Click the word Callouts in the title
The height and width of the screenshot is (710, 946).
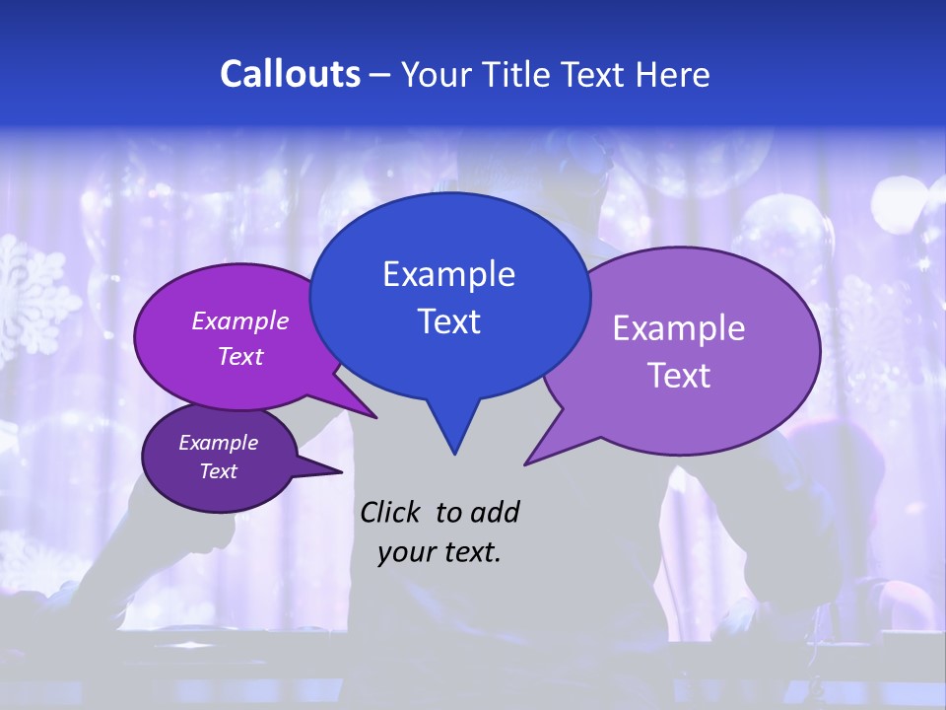(290, 74)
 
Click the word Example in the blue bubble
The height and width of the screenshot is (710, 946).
(448, 274)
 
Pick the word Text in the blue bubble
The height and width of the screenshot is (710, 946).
(448, 320)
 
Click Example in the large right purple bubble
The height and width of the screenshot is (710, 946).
(678, 328)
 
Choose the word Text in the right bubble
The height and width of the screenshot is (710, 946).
(678, 375)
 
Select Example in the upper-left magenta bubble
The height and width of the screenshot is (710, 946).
(240, 320)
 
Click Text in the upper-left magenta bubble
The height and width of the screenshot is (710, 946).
(240, 356)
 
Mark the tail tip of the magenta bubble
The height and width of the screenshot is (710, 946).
(374, 416)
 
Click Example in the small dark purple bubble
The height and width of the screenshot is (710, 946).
(218, 443)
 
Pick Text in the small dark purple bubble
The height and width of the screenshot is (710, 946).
(218, 471)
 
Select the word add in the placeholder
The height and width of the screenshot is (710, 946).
(495, 512)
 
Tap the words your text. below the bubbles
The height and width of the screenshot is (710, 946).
(439, 552)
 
